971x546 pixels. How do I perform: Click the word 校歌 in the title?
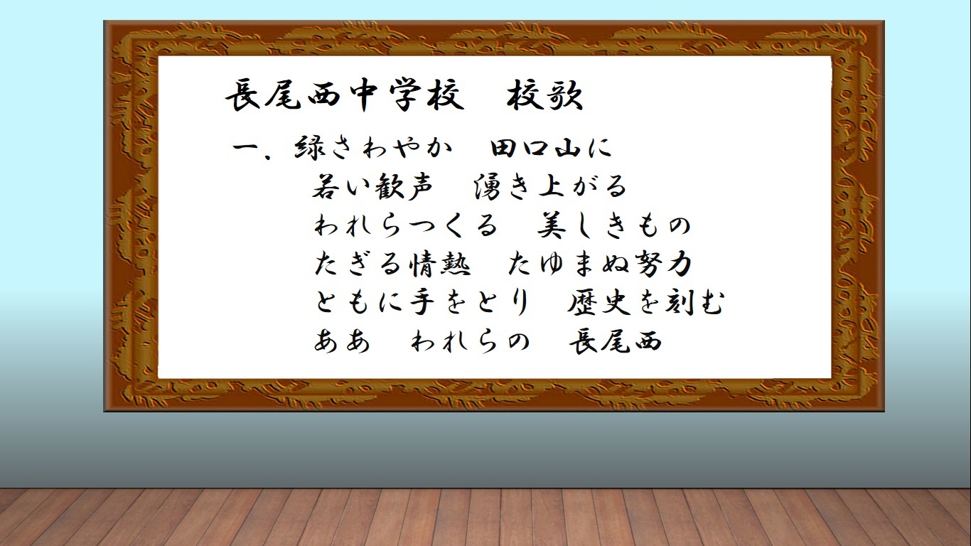pyautogui.click(x=545, y=95)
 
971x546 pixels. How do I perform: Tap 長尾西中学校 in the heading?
pyautogui.click(x=345, y=95)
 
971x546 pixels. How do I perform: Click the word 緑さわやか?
pyautogui.click(x=373, y=147)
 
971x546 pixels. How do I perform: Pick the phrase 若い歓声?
pyautogui.click(x=372, y=186)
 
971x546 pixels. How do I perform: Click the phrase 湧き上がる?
pyautogui.click(x=550, y=186)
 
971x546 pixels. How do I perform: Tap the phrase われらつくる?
pyautogui.click(x=405, y=225)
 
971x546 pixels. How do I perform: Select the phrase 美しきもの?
pyautogui.click(x=614, y=225)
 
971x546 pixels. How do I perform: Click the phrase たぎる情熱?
pyautogui.click(x=392, y=264)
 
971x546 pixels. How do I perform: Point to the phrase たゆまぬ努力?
pyautogui.click(x=600, y=264)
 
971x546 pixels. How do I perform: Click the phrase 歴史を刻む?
pyautogui.click(x=646, y=302)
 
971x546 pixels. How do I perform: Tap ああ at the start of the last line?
pyautogui.click(x=342, y=341)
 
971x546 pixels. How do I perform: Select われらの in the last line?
pyautogui.click(x=471, y=341)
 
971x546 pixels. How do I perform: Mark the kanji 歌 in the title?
pyautogui.click(x=564, y=96)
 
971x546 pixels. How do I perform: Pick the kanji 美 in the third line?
pyautogui.click(x=552, y=225)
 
